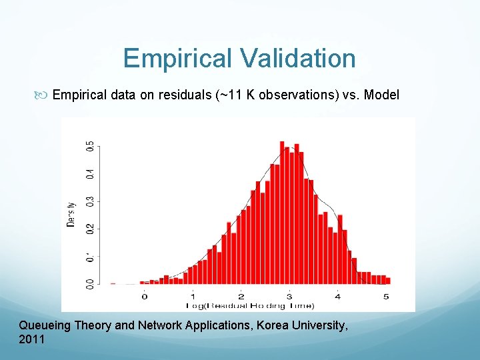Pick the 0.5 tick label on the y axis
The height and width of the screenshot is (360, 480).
click(x=90, y=145)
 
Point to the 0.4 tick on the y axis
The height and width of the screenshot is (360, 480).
click(x=90, y=173)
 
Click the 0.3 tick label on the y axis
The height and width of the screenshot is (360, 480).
click(x=90, y=201)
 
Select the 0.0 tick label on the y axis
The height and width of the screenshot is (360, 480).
click(x=90, y=284)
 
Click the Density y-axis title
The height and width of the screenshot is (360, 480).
click(x=71, y=215)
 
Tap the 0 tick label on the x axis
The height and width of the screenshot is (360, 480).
click(x=145, y=296)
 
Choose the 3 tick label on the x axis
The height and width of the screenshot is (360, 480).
click(x=289, y=296)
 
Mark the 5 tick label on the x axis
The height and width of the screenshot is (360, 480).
click(x=386, y=296)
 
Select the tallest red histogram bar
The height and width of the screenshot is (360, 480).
click(x=282, y=213)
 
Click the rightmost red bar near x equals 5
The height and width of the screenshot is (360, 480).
click(x=388, y=281)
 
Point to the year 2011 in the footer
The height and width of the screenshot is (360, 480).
click(x=32, y=339)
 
